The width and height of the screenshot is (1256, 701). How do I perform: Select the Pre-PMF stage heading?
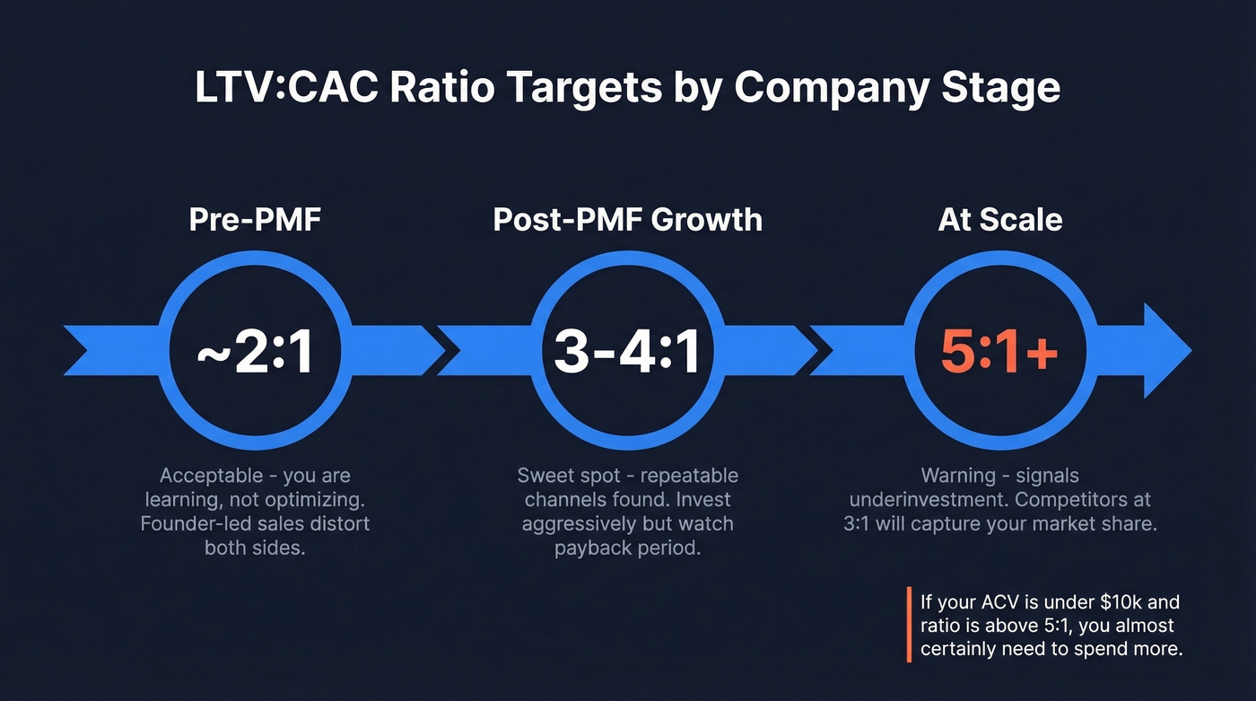pyautogui.click(x=254, y=220)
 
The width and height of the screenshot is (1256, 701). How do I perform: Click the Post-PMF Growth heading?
pyautogui.click(x=627, y=220)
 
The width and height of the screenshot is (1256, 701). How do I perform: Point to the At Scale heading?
pyautogui.click(x=1000, y=220)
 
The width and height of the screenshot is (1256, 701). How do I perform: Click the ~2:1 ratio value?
pyautogui.click(x=255, y=353)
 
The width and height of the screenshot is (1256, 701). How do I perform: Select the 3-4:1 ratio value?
pyautogui.click(x=627, y=353)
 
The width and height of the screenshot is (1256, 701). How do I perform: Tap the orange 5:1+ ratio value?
pyautogui.click(x=999, y=353)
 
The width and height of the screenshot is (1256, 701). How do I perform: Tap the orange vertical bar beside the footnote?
pyautogui.click(x=910, y=625)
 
